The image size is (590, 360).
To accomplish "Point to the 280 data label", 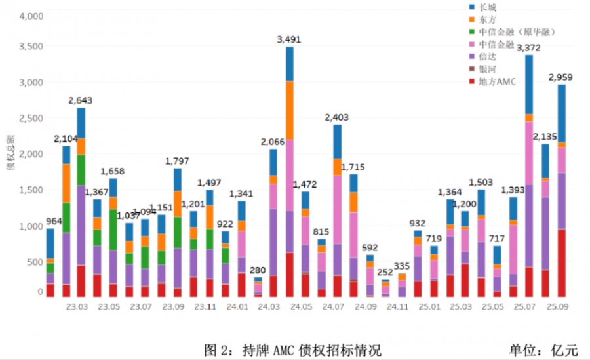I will click(258, 270).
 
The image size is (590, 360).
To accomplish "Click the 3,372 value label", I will click(529, 48).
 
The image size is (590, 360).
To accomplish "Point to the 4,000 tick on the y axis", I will click(28, 16).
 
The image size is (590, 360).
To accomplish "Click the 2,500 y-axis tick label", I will click(28, 118).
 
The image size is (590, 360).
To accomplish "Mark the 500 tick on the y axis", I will click(32, 262).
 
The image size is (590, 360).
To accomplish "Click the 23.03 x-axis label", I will click(77, 307).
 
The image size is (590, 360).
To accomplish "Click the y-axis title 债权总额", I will click(9, 154).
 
